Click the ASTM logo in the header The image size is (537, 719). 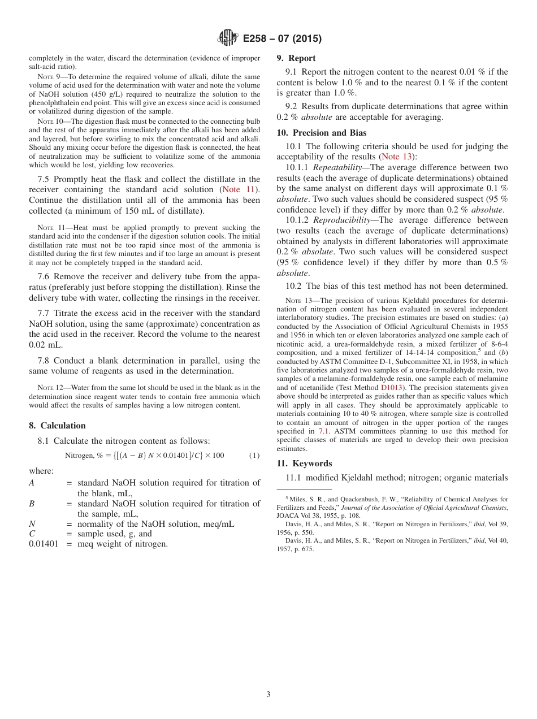click(x=228, y=38)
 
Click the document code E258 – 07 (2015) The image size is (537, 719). click(x=282, y=39)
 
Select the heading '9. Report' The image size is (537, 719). click(x=296, y=58)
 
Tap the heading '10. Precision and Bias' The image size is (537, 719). click(x=321, y=133)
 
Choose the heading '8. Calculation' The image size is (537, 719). click(x=57, y=426)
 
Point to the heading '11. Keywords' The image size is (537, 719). click(x=304, y=464)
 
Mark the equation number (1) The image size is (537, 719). click(x=254, y=456)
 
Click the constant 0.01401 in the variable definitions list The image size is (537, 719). click(x=43, y=544)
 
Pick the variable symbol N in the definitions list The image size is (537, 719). click(x=32, y=524)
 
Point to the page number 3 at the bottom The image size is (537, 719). click(x=268, y=694)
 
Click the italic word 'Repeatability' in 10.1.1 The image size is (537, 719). click(x=337, y=168)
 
